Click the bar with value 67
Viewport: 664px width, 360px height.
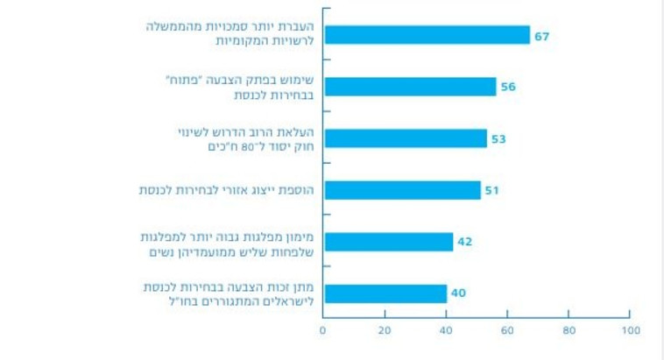(426, 34)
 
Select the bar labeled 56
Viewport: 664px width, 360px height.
(409, 86)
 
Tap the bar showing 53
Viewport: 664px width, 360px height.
(404, 138)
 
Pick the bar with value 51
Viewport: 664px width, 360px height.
(401, 190)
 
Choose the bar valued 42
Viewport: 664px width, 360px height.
(387, 242)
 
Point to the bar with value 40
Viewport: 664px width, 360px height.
(385, 293)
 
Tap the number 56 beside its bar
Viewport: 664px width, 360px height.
(508, 86)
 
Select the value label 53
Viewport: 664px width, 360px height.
(498, 138)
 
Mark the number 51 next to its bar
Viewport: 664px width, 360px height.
(491, 190)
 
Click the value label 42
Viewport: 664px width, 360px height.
(464, 242)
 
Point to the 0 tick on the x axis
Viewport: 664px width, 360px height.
(322, 330)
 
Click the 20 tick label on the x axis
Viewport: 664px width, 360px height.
(384, 330)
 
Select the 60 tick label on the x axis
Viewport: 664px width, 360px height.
(506, 330)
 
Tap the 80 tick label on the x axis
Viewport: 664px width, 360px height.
(568, 330)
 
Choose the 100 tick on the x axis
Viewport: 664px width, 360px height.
(629, 330)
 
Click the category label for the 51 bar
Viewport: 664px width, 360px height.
(228, 190)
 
